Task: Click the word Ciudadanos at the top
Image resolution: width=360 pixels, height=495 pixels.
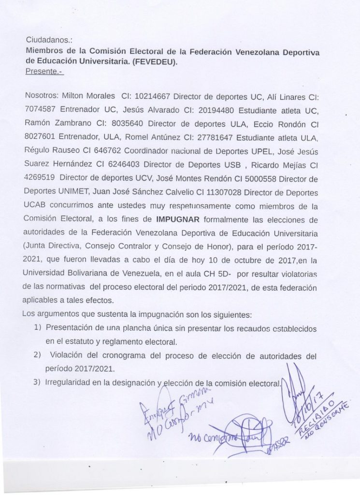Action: (x=45, y=41)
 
